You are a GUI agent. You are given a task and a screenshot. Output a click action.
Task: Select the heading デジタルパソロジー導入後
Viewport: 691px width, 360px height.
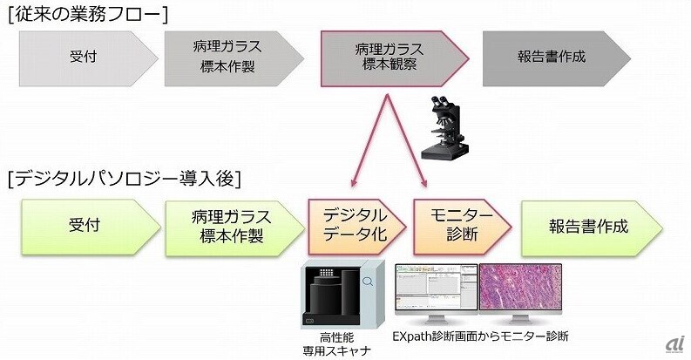125,179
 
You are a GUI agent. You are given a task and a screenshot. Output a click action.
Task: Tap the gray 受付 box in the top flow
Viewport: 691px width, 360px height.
88,58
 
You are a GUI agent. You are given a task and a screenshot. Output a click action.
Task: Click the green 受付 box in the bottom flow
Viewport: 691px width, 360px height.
91,227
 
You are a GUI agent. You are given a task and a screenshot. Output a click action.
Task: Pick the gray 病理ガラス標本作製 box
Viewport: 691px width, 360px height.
234,58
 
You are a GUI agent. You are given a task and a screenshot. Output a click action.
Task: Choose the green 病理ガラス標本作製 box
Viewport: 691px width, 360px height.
234,228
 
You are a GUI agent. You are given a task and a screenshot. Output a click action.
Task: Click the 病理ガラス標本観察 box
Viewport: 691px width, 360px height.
395,58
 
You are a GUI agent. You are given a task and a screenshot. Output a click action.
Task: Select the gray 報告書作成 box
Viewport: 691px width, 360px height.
557,58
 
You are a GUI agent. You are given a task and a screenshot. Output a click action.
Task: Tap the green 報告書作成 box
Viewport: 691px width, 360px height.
592,228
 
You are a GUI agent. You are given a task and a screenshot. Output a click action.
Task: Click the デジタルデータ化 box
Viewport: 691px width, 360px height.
356,227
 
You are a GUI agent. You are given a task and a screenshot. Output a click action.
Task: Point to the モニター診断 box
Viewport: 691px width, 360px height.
462,227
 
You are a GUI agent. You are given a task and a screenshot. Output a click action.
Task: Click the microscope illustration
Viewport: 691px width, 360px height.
443,127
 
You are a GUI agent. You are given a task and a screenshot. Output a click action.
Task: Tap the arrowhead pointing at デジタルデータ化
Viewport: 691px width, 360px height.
354,182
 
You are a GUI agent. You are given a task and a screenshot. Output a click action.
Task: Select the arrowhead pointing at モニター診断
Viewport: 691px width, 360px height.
423,182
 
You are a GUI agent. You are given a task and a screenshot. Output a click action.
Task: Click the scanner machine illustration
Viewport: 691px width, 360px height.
342,295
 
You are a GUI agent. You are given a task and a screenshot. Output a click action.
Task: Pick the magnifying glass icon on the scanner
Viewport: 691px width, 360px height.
368,282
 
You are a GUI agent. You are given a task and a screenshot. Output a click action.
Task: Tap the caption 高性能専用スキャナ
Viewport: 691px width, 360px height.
336,344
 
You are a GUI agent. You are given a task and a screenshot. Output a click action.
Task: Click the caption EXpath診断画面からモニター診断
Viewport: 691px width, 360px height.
481,336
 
